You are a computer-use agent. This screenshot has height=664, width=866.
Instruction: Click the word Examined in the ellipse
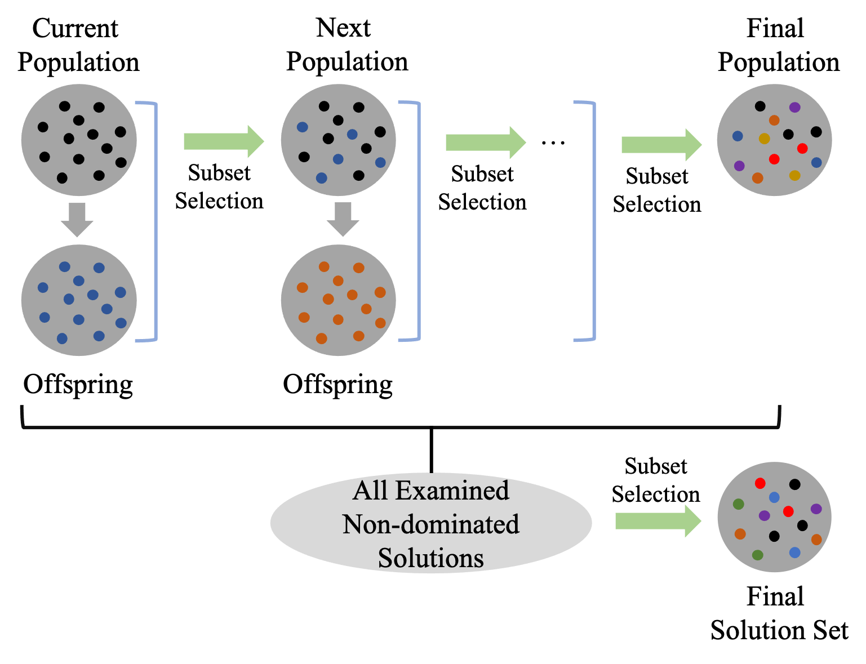[x=452, y=491]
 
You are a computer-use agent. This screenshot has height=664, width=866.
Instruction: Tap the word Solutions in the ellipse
[x=431, y=558]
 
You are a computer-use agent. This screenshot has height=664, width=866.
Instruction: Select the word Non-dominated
[x=431, y=524]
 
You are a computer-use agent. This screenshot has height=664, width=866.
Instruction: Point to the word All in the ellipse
[x=370, y=491]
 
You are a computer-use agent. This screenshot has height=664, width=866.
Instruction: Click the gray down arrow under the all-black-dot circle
[x=77, y=220]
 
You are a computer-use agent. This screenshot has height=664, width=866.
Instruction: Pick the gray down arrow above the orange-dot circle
[x=343, y=220]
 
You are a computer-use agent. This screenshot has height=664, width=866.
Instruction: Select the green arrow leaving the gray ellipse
[x=658, y=521]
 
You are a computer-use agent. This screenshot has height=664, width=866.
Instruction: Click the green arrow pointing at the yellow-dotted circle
[x=661, y=145]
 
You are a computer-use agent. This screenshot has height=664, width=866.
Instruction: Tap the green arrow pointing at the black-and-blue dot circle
[x=224, y=141]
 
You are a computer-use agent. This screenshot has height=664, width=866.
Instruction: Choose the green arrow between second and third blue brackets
[x=485, y=142]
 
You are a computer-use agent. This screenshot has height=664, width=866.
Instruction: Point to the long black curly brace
[x=401, y=426]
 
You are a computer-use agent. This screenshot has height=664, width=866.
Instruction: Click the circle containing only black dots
[x=79, y=140]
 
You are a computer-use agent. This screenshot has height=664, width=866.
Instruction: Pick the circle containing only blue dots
[x=79, y=300]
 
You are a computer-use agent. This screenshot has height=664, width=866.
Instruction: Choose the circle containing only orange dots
[x=339, y=300]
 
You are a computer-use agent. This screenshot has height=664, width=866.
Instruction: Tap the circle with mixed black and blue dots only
[x=339, y=140]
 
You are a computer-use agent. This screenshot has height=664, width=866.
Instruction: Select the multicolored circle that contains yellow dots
[x=774, y=140]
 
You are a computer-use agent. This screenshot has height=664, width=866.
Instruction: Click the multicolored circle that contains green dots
[x=774, y=517]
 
